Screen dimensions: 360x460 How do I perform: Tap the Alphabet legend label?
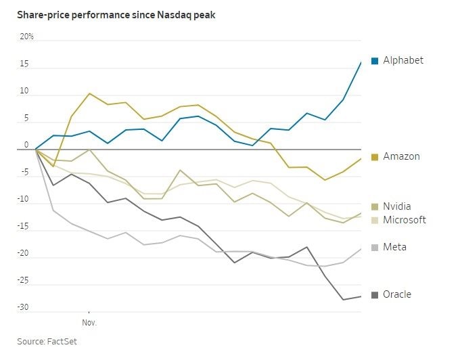coord(403,60)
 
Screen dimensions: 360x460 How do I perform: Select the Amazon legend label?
coord(401,156)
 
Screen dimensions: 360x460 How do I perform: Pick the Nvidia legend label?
coord(397,206)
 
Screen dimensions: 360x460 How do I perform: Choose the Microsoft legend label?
coord(405,220)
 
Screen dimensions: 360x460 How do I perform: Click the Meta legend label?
coord(394,247)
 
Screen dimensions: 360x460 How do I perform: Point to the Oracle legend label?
coord(397,294)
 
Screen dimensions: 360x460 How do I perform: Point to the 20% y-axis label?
coord(26,37)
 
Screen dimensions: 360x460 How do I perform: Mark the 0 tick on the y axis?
coord(26,145)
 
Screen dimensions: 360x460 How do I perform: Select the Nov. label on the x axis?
coord(89,323)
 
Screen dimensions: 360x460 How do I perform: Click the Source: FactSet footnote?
coord(47,341)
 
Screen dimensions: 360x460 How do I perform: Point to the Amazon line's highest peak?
coord(89,93)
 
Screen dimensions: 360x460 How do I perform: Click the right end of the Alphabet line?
coord(361,62)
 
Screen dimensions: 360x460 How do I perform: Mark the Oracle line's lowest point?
coord(343,300)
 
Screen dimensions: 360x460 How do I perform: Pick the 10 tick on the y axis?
coord(24,91)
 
